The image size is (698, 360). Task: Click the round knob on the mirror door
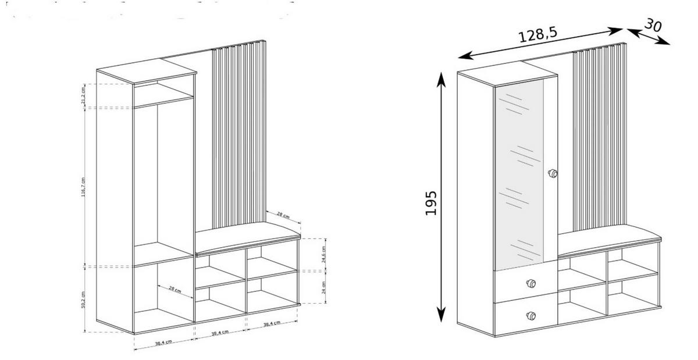click(x=552, y=173)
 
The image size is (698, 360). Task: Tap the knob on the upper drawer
click(x=530, y=283)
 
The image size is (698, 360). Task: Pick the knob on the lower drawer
click(x=530, y=316)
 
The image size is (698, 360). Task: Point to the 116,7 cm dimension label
click(x=83, y=187)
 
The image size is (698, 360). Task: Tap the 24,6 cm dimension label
click(x=325, y=254)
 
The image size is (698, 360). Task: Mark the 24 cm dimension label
click(x=325, y=287)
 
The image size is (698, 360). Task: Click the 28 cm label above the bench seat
click(x=283, y=215)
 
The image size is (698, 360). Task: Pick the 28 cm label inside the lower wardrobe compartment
click(x=174, y=289)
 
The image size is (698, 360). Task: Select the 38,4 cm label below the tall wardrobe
click(x=162, y=343)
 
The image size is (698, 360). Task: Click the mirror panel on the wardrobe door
click(x=519, y=174)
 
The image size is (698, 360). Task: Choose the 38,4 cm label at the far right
click(x=272, y=324)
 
